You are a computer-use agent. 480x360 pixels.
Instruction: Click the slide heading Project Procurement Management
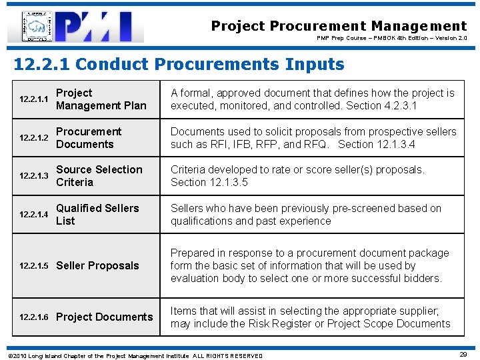point(339,26)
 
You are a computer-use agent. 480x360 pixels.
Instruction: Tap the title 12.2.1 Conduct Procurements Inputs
point(179,65)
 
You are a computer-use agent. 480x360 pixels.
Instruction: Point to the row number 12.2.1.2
point(34,138)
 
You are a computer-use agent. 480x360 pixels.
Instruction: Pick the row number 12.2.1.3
point(34,176)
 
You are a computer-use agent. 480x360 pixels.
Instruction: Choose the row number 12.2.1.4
point(34,215)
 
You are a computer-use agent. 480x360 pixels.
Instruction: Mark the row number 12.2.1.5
point(34,266)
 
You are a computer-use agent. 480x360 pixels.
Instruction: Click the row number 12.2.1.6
point(34,317)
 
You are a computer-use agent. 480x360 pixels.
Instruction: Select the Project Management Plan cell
point(101,99)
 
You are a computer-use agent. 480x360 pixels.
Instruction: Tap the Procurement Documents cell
point(89,138)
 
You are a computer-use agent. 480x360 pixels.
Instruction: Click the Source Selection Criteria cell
point(99,176)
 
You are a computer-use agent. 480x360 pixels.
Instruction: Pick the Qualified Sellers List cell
point(97,215)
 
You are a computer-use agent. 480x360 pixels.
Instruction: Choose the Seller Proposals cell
point(97,265)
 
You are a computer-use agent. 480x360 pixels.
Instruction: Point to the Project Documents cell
point(104,317)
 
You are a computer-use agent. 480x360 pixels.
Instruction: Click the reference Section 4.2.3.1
point(383,106)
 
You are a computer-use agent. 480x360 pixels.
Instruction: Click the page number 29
point(463,355)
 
